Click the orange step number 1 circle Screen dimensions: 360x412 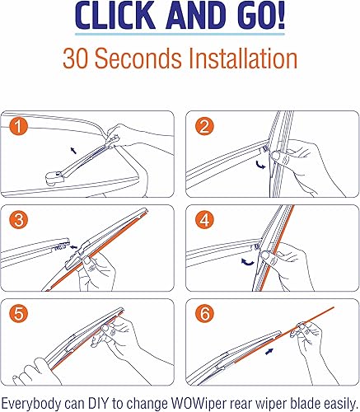click(18, 127)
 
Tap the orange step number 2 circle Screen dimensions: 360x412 click(204, 127)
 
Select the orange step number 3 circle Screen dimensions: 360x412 click(18, 220)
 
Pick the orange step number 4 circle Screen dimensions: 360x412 click(204, 220)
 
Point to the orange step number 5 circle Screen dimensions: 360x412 click(18, 313)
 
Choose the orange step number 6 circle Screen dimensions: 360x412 click(204, 313)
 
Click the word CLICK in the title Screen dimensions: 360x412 click(115, 16)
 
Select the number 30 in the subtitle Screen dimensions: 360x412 click(77, 59)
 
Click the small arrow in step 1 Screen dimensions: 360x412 click(73, 150)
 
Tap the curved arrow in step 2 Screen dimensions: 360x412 click(260, 165)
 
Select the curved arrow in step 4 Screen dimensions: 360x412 click(248, 262)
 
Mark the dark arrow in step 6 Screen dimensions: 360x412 click(269, 351)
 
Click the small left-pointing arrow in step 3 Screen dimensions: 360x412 click(73, 247)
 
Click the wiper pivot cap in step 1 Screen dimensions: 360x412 click(54, 178)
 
